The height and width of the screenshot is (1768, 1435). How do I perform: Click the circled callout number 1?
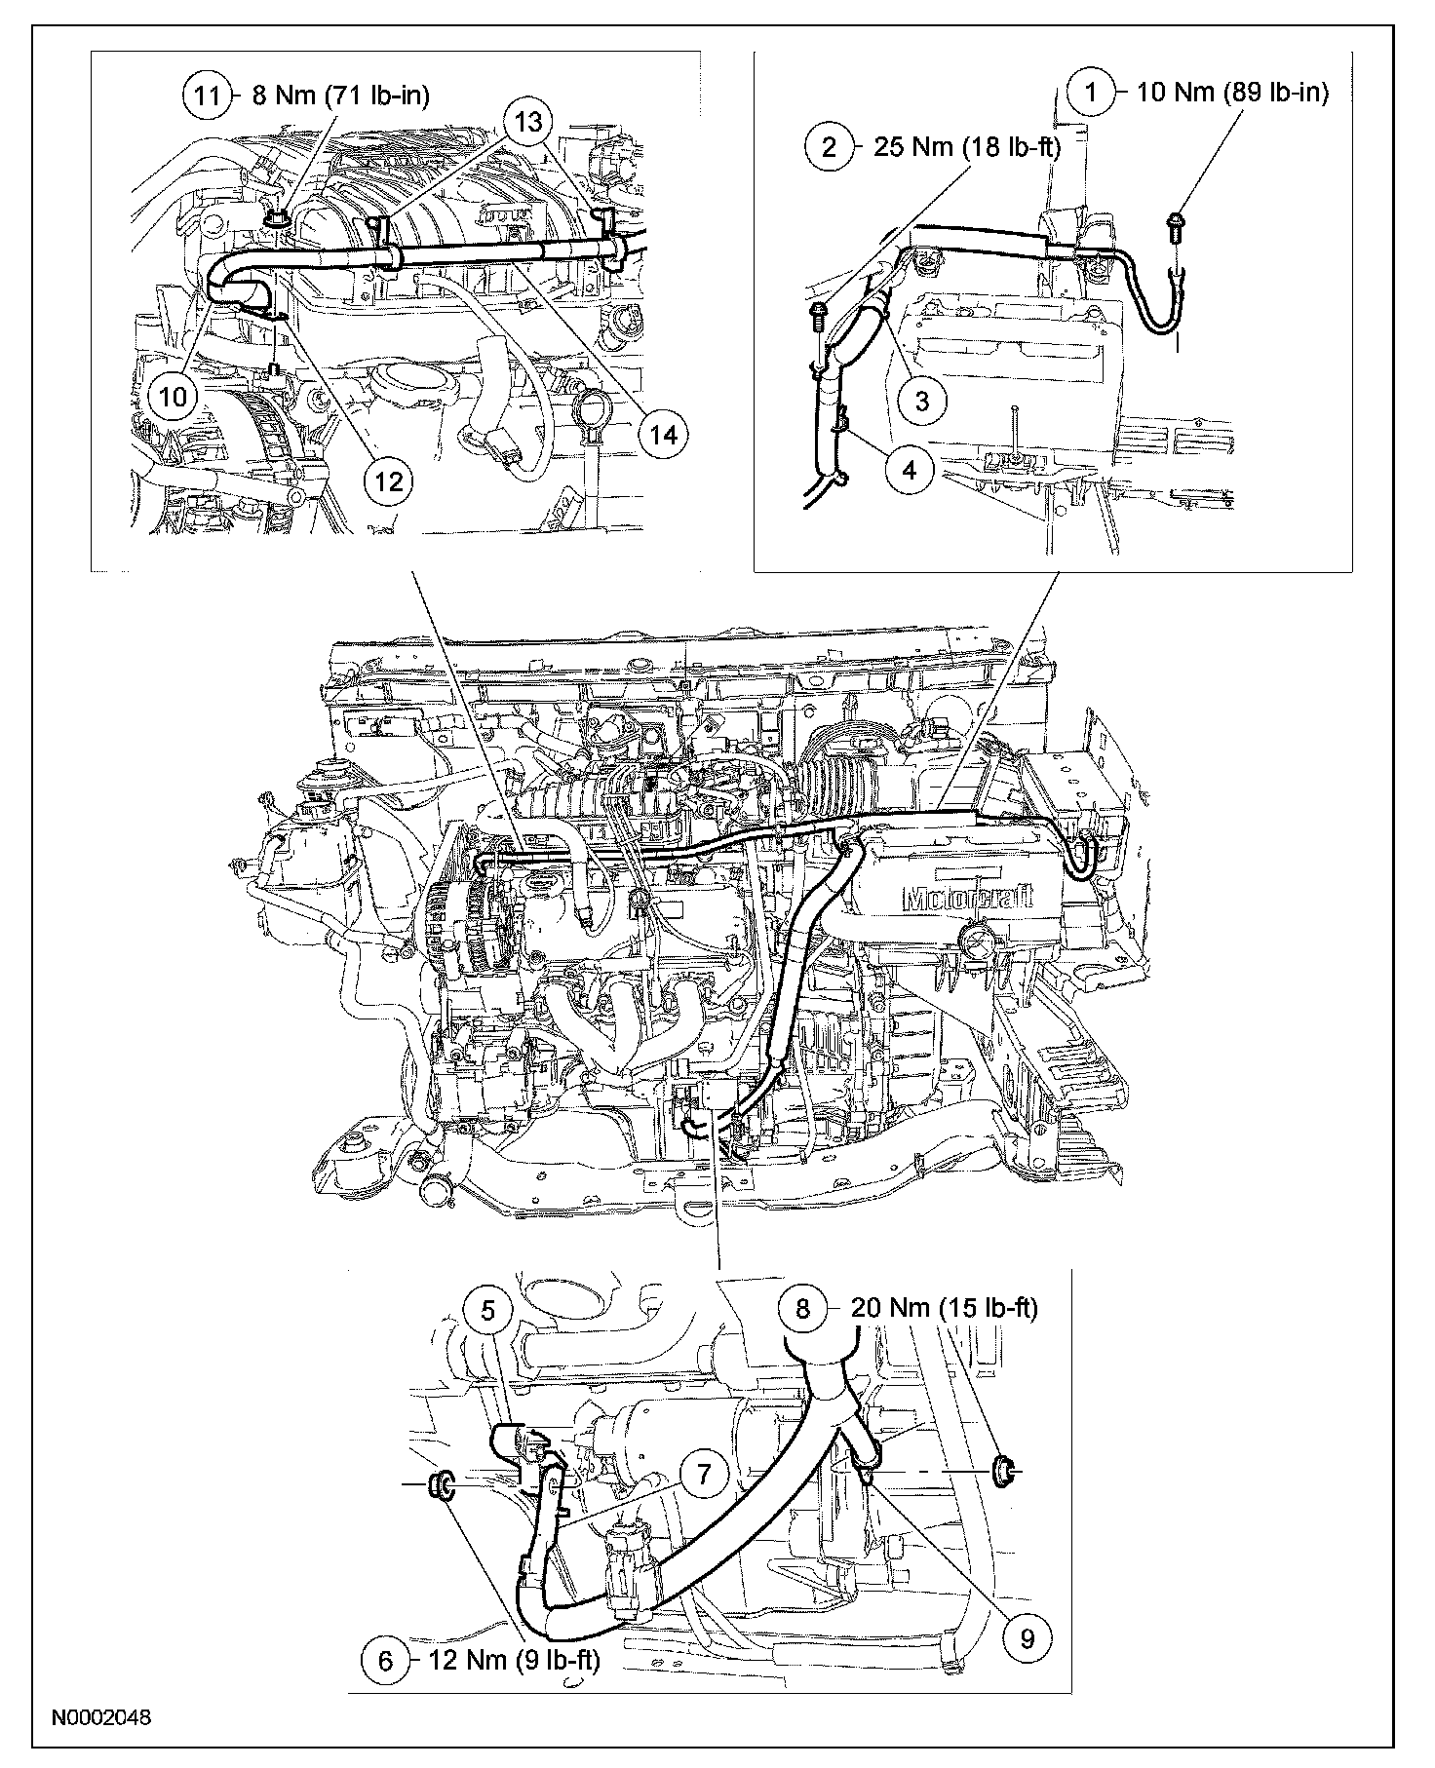1092,93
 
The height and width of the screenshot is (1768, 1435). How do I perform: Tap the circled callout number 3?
921,398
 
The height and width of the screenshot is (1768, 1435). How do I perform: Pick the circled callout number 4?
910,470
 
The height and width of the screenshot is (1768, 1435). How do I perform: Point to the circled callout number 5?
488,1311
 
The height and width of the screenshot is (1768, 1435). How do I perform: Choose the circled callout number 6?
386,1660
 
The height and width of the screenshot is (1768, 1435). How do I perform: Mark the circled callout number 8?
802,1308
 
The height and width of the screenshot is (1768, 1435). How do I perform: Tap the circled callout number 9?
1027,1638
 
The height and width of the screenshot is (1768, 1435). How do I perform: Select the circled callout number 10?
172,397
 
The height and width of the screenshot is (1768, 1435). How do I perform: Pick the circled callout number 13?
527,123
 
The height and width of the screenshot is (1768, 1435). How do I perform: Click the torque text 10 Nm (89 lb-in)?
1233,93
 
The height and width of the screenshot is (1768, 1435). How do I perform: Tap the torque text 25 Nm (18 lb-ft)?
957,148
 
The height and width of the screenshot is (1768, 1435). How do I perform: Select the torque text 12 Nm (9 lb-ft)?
514,1660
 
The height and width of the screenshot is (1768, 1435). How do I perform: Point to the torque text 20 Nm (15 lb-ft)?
944,1308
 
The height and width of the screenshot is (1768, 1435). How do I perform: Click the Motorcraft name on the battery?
968,897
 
